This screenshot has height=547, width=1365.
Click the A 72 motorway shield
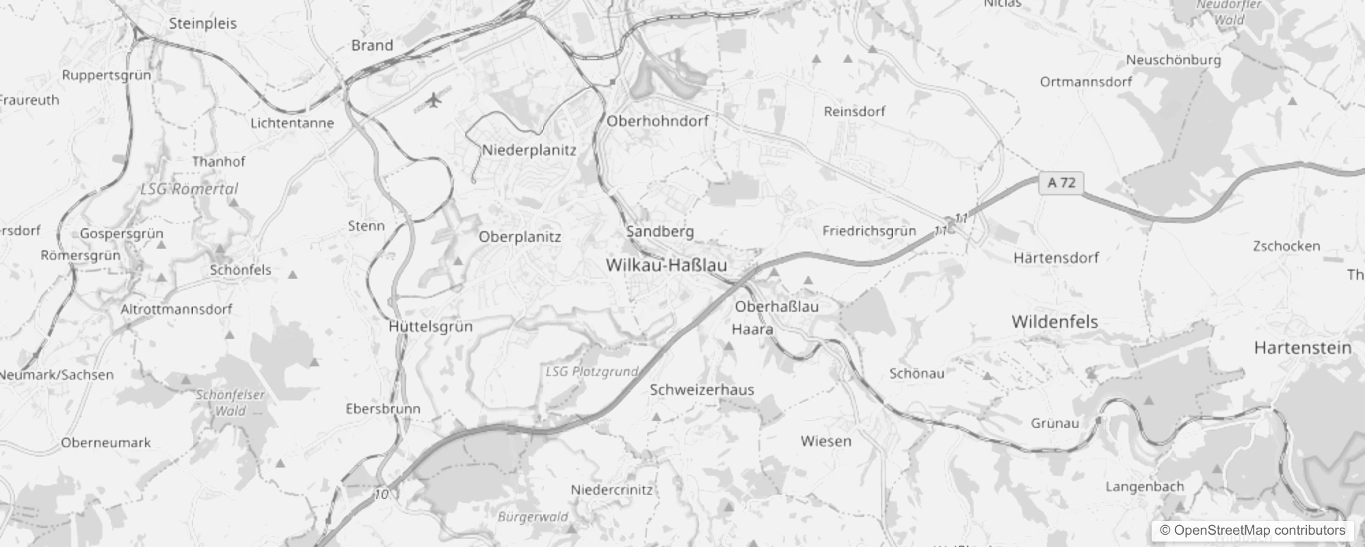(1061, 183)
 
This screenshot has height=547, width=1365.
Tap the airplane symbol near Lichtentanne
(433, 101)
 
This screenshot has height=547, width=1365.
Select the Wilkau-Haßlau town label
(666, 265)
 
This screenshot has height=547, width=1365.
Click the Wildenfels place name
(1055, 321)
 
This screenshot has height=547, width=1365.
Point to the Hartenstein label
(1302, 347)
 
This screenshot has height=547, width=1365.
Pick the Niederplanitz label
(529, 150)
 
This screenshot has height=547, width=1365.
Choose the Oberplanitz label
(520, 237)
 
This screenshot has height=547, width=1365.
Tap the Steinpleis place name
(202, 23)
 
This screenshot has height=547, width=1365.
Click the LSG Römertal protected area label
(189, 189)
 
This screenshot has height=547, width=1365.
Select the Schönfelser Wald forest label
(230, 403)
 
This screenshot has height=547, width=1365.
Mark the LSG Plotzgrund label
(592, 371)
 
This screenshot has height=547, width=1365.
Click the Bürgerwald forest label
(533, 516)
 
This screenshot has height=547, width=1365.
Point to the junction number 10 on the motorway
(382, 494)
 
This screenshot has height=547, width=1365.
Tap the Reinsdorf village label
(854, 111)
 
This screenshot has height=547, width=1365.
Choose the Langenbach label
(1144, 487)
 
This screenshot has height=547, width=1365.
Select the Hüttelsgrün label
(430, 326)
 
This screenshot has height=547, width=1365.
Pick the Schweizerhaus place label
(702, 390)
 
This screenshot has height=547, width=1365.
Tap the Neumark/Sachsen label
(57, 375)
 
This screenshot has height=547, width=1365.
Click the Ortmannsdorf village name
(1086, 82)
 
